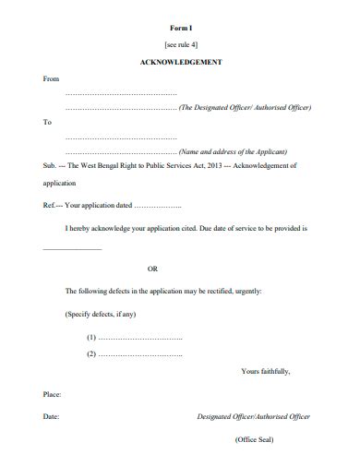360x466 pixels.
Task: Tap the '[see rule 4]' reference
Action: pos(181,44)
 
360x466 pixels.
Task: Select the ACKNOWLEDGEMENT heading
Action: pos(181,62)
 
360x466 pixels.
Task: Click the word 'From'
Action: pos(52,78)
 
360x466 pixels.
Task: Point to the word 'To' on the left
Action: pos(48,122)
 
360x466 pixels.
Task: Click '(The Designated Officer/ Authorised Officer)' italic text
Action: pos(245,108)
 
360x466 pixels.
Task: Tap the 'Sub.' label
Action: pos(50,166)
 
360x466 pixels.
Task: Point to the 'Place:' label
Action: pos(53,394)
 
